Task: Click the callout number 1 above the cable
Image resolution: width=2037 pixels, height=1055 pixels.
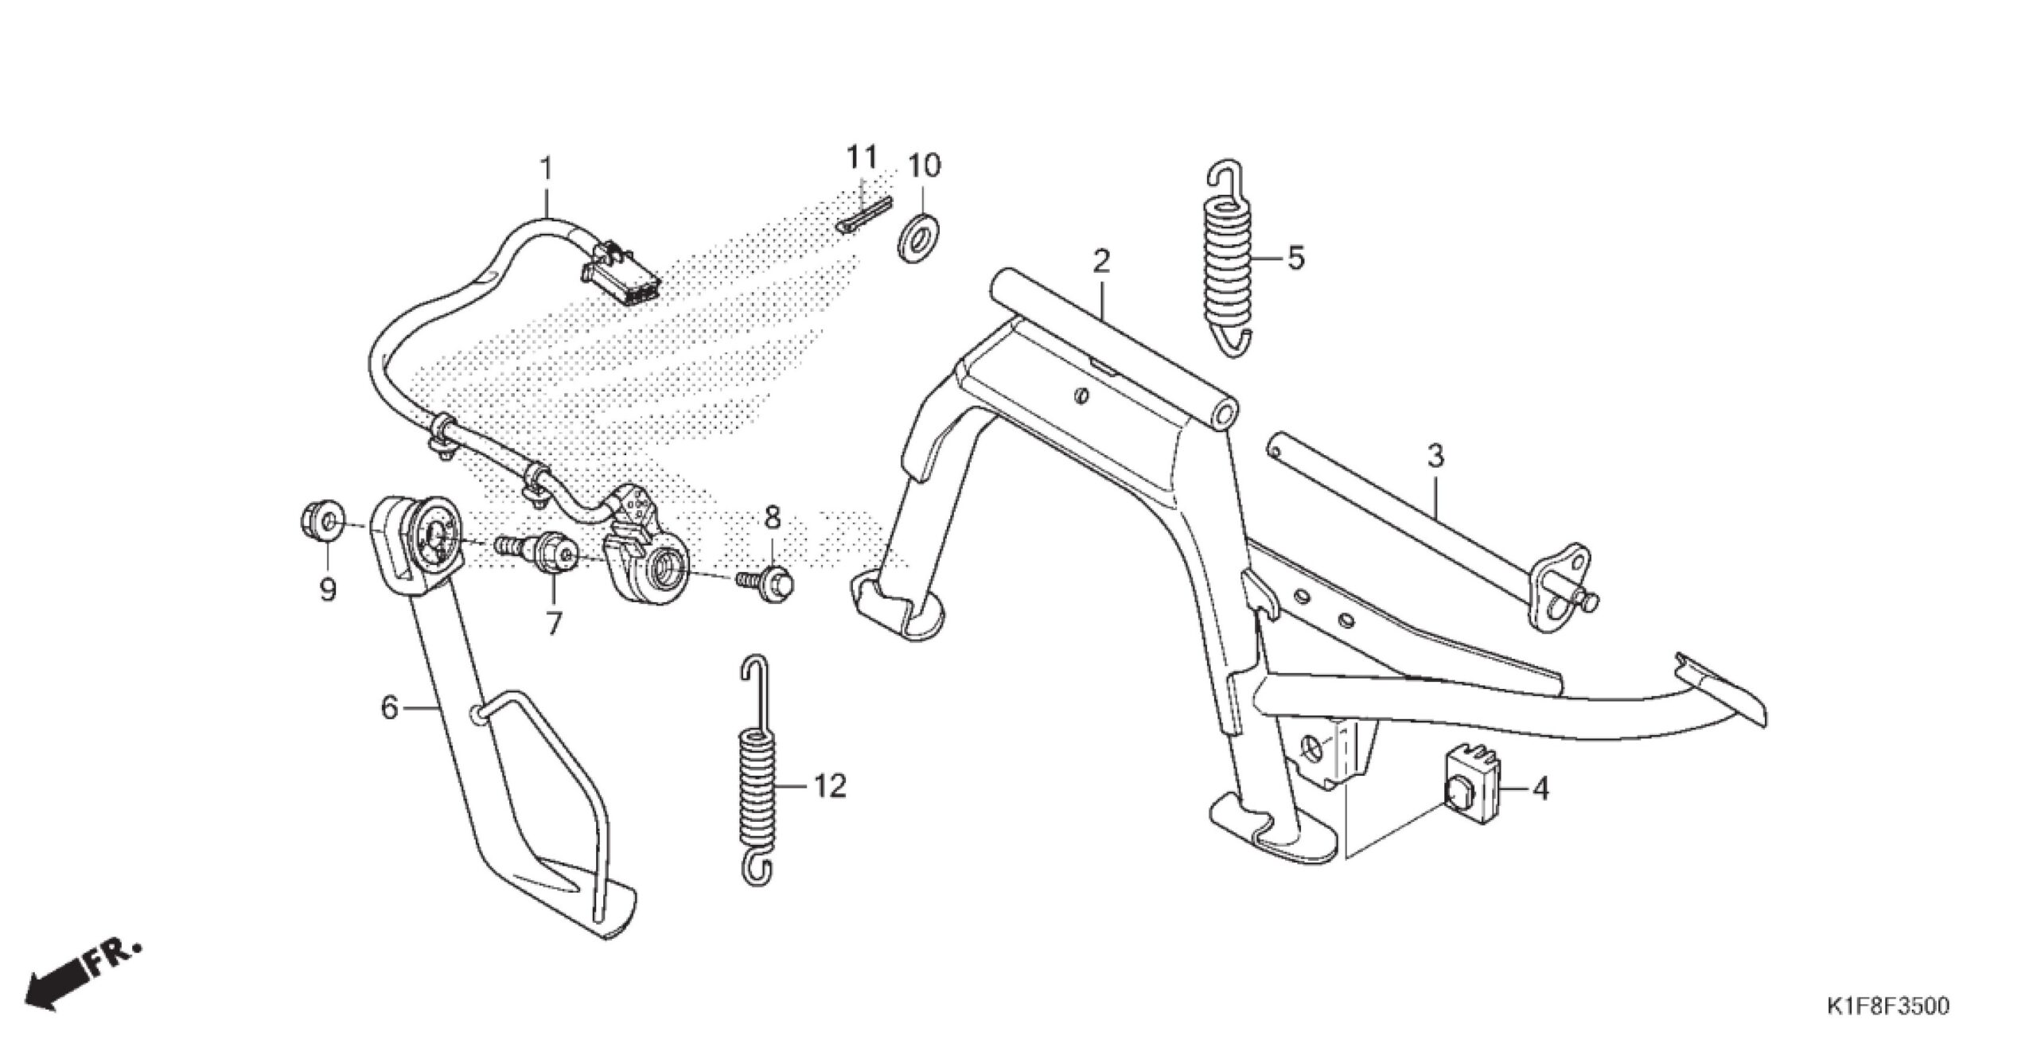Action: tap(547, 169)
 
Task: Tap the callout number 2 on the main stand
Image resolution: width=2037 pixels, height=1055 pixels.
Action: tap(1101, 261)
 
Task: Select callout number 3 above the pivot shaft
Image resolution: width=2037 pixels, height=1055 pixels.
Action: tap(1435, 457)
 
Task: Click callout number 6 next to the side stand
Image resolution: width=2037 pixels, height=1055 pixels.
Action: tap(389, 707)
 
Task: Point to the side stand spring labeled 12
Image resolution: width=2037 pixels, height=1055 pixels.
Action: tap(758, 784)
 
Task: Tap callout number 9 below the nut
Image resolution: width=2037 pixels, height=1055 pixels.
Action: tap(326, 589)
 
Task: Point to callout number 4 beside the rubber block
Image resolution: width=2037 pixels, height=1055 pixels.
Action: tap(1541, 789)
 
